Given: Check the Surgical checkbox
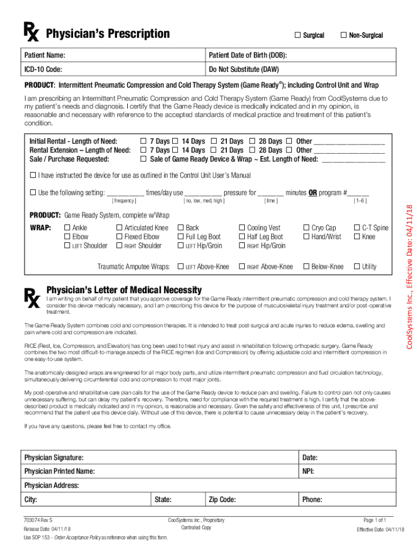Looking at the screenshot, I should (x=297, y=35).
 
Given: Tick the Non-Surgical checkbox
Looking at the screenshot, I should (x=343, y=35).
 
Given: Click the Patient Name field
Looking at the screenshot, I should (x=135, y=56).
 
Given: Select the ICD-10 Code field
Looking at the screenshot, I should (x=135, y=70).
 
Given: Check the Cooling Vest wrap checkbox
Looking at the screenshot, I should (x=242, y=228).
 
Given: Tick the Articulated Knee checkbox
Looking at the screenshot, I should (x=119, y=228).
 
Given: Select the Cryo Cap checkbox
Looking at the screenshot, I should (x=307, y=228).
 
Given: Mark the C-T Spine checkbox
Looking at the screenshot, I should (x=356, y=228).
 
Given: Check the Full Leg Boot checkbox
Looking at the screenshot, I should (x=180, y=237).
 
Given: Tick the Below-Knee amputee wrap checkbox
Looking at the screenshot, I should (x=307, y=267).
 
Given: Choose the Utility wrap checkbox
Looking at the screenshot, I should (x=356, y=267).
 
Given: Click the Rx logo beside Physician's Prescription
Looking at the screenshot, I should (x=31, y=33).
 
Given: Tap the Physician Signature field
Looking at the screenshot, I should (x=190, y=458).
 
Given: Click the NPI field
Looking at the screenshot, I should (x=352, y=472).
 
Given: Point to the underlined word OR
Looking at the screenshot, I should (x=312, y=193).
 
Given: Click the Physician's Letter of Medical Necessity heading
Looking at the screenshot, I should (x=124, y=291).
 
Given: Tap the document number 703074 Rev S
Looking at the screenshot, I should (x=38, y=520).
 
